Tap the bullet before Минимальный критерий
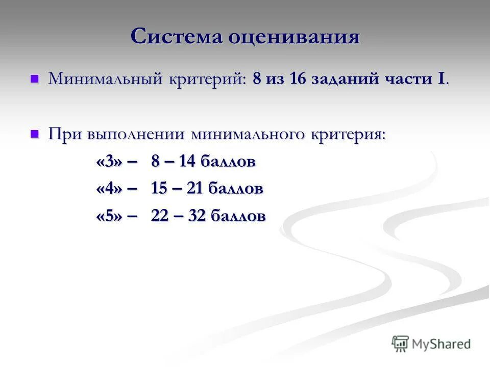point(35,79)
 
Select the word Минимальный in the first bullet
point(105,79)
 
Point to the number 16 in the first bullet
point(299,79)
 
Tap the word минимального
point(248,135)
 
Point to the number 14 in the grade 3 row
point(187,162)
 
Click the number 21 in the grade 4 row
point(195,189)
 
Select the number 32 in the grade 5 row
point(197,216)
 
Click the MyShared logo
point(431,344)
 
